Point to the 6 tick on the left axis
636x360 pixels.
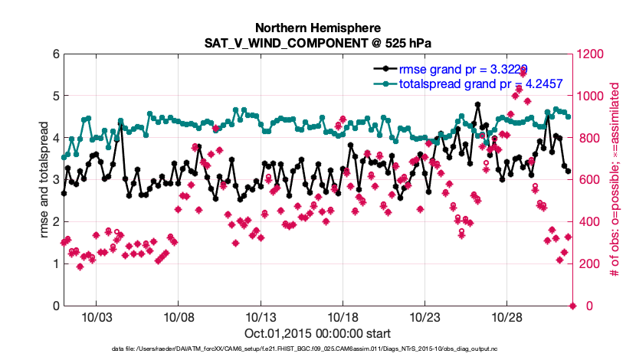[x=56, y=54]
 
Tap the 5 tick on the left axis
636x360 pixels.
[x=56, y=97]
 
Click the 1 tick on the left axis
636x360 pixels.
[x=56, y=264]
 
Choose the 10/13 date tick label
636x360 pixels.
[x=260, y=316]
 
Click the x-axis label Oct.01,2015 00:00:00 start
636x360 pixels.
[x=318, y=333]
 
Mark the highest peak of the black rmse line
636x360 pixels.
[x=477, y=104]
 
